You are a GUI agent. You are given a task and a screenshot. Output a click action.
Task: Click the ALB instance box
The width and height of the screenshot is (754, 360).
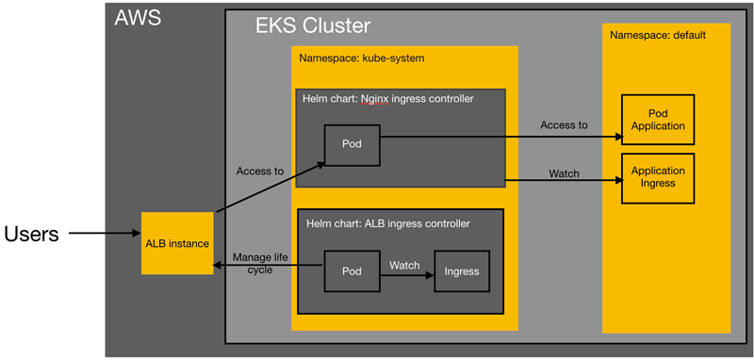click(x=176, y=243)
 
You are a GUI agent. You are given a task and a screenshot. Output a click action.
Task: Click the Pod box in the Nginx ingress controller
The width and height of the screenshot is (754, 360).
click(x=352, y=145)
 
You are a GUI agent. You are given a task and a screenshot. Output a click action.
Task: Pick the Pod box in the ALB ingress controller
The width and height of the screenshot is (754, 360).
click(x=352, y=271)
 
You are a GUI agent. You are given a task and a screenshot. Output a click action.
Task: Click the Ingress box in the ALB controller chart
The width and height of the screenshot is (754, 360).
click(x=462, y=271)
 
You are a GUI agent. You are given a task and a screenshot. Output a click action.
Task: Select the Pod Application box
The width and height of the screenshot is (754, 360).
click(x=658, y=119)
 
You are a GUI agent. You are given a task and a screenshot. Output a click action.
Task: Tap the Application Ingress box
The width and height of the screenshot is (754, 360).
click(x=658, y=177)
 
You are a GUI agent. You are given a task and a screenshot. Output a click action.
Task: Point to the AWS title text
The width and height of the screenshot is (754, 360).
click(x=139, y=18)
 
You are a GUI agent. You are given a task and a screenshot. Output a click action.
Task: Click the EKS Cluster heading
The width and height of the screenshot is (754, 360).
click(x=313, y=25)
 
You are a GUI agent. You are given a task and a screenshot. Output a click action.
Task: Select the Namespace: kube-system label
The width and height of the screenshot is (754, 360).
click(x=362, y=58)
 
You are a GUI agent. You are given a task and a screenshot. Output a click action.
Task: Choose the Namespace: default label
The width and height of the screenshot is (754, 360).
click(x=658, y=36)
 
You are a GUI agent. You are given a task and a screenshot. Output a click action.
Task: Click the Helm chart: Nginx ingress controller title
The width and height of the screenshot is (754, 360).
click(x=387, y=98)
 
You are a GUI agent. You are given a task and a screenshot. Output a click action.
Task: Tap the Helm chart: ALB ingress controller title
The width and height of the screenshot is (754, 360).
click(x=387, y=224)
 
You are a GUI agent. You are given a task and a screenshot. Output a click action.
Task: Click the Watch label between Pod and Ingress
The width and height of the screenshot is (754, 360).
click(x=404, y=265)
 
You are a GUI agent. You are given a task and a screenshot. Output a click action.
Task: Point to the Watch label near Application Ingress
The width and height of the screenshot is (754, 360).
click(x=564, y=173)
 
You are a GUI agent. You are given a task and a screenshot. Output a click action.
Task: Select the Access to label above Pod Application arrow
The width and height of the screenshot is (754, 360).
click(x=564, y=124)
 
